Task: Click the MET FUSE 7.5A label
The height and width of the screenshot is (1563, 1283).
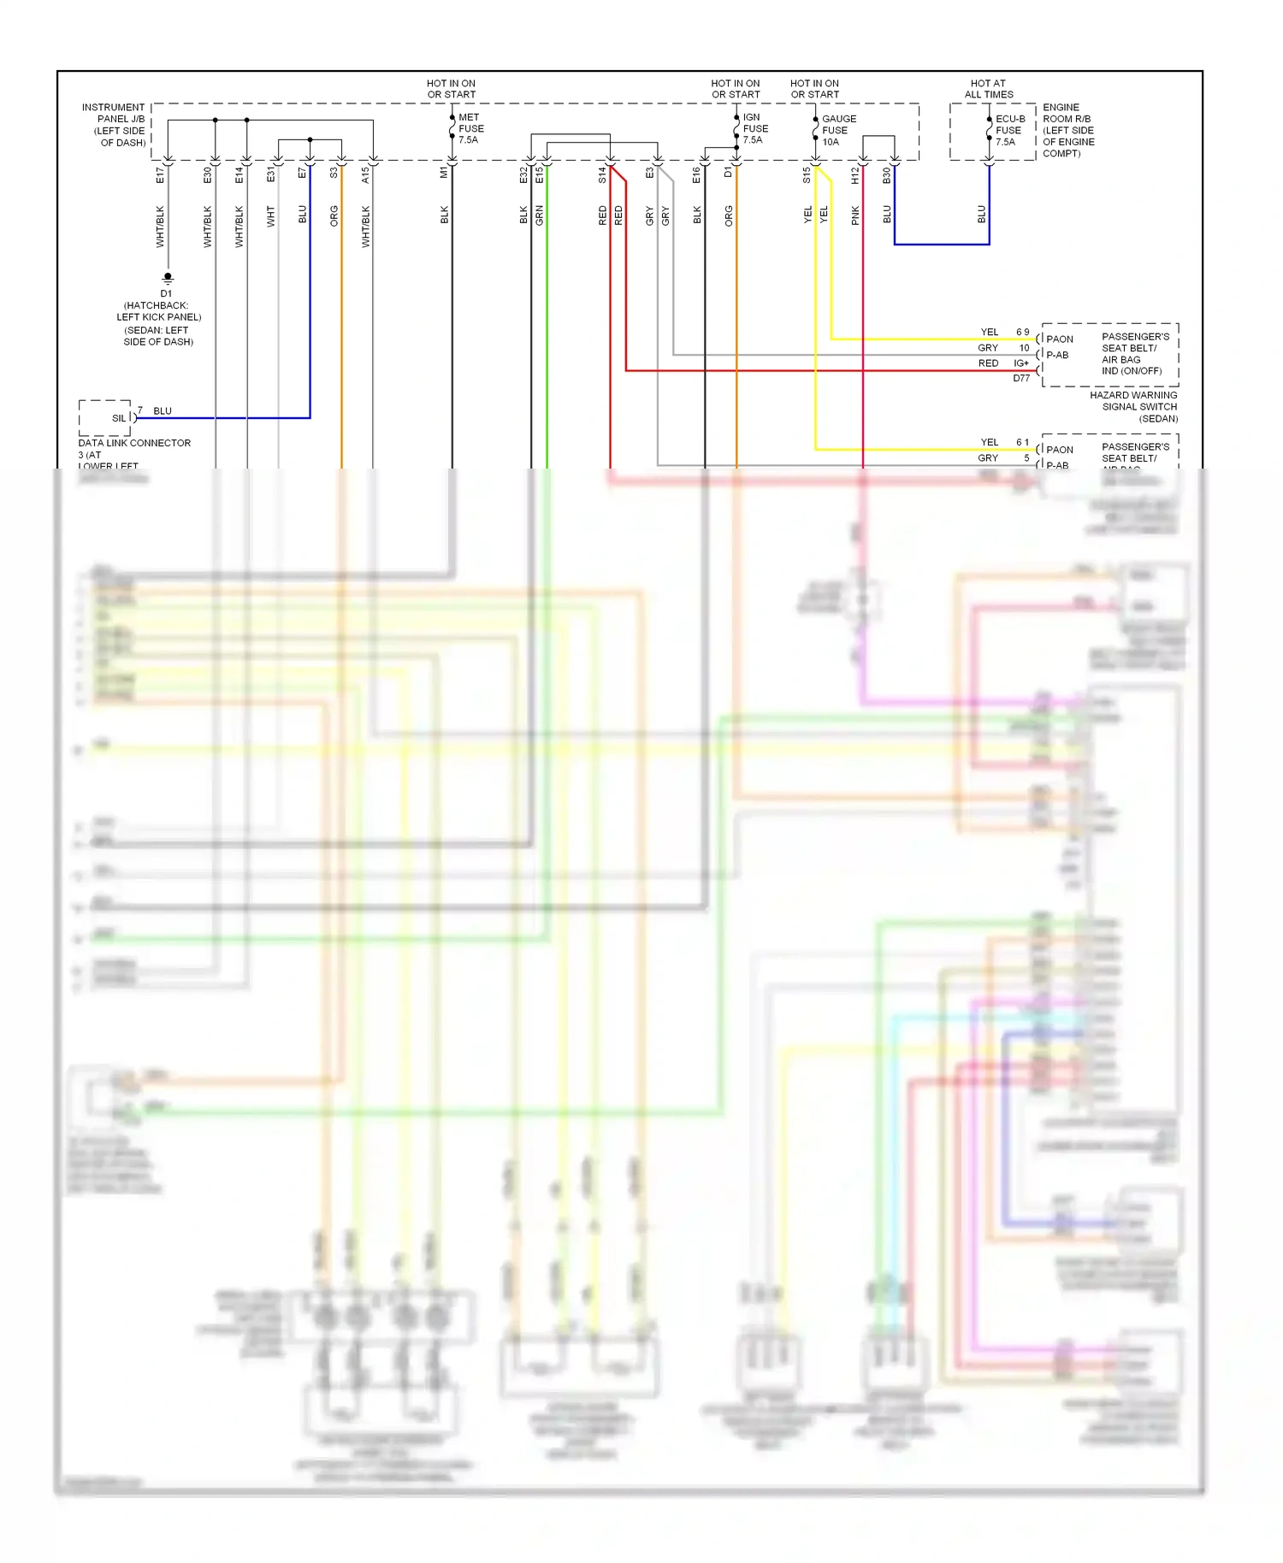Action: click(x=470, y=128)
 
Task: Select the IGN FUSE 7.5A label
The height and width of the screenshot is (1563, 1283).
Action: click(x=754, y=128)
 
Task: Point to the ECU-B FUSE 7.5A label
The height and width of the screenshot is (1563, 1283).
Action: click(x=1009, y=130)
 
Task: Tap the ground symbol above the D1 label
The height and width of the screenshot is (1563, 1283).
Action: click(x=168, y=278)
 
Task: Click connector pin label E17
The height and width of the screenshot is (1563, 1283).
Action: click(x=160, y=174)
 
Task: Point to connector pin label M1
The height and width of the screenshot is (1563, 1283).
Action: click(x=444, y=173)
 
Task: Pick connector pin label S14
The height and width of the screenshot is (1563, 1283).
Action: click(x=602, y=174)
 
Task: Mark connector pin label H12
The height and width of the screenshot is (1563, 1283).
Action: click(x=854, y=174)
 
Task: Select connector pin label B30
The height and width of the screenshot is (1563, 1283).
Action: click(x=886, y=174)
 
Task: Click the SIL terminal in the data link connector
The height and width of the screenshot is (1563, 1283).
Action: click(x=119, y=418)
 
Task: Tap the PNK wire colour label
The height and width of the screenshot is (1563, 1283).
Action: click(x=855, y=215)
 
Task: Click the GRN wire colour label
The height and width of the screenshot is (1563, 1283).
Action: click(x=539, y=215)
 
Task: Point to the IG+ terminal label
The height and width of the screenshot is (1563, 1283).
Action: click(x=1021, y=363)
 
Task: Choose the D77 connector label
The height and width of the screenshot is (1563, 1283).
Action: click(x=1021, y=378)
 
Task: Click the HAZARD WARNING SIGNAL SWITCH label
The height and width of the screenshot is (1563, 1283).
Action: click(x=1133, y=406)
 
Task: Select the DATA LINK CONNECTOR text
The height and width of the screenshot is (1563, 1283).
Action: click(x=134, y=443)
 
